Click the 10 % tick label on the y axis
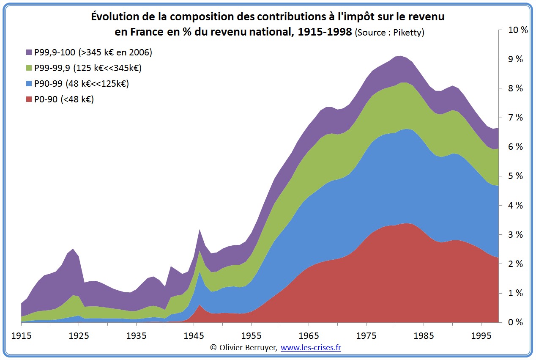click(515, 30)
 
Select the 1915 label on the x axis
click(21, 335)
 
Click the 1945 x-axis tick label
click(194, 335)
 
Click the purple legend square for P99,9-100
click(29, 52)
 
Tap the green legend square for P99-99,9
click(29, 68)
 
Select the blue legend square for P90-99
click(29, 84)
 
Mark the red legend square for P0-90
click(29, 100)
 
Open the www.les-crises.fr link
click(311, 348)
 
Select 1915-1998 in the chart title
click(325, 32)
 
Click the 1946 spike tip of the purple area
click(200, 230)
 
